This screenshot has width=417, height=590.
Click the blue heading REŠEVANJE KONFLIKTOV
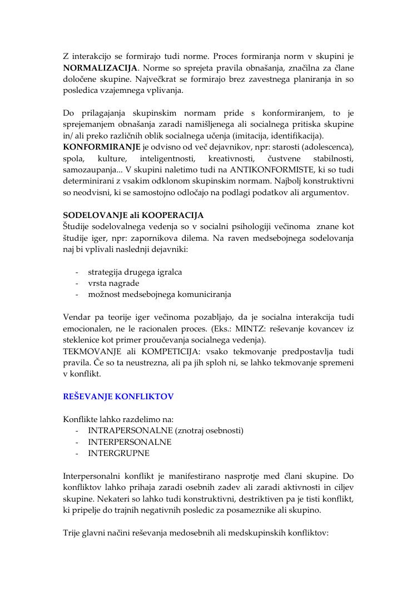coord(118,396)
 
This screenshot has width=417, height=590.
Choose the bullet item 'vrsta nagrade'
coord(113,283)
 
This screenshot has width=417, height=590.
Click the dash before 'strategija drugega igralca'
coord(76,272)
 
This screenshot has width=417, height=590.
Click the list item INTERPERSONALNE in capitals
coord(130,442)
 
